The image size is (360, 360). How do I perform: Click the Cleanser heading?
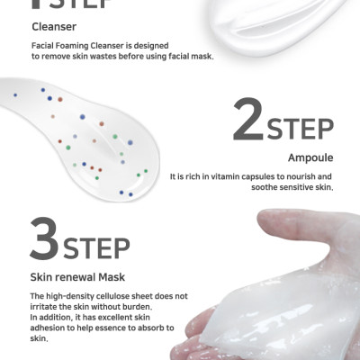pyautogui.click(x=54, y=27)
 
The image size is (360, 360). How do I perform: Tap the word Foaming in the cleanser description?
pyautogui.click(x=73, y=46)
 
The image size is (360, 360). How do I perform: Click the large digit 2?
pyautogui.click(x=248, y=120)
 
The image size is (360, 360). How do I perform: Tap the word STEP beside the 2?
pyautogui.click(x=301, y=129)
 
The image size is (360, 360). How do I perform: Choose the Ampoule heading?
pyautogui.click(x=310, y=157)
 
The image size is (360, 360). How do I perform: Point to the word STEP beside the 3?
pyautogui.click(x=96, y=248)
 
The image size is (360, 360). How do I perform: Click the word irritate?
pyautogui.click(x=42, y=307)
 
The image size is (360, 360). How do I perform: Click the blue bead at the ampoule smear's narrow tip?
pyautogui.click(x=15, y=95)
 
